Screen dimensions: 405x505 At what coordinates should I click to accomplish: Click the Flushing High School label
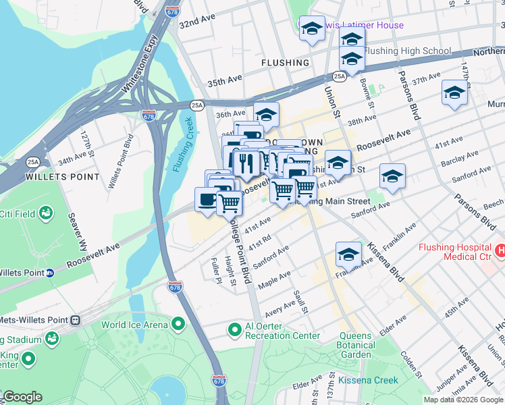[x=407, y=51]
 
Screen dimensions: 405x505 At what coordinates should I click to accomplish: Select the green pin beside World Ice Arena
[x=178, y=325]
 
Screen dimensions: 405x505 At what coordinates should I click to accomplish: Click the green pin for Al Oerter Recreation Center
[x=234, y=330]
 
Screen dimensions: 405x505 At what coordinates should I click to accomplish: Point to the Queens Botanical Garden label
[x=355, y=345]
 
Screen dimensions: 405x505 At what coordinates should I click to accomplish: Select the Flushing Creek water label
[x=183, y=144]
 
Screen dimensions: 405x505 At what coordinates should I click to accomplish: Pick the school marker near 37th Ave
[x=454, y=92]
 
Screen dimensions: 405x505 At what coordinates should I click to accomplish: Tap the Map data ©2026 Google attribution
[x=462, y=400]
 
